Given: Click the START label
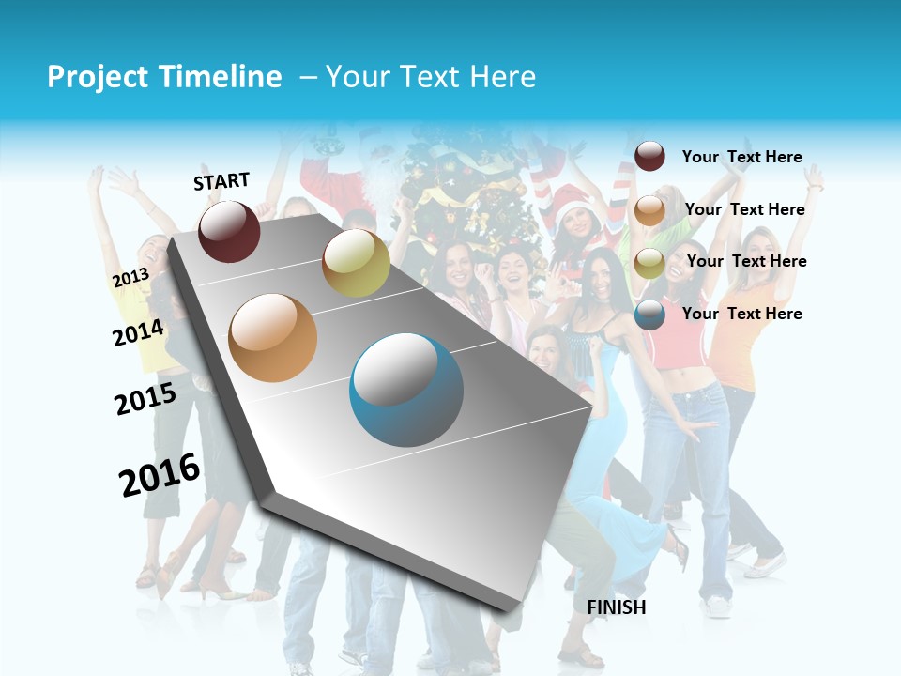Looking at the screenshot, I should tap(221, 181).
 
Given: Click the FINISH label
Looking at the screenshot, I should tap(617, 607).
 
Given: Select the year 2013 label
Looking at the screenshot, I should tap(130, 278).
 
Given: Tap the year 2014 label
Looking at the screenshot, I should tap(139, 332).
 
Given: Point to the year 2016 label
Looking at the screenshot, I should tap(160, 475).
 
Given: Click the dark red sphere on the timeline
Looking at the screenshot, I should tap(229, 231).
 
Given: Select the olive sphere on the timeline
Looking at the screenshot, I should tap(356, 263).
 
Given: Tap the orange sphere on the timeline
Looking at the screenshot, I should tap(273, 338).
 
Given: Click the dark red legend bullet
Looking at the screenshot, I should tap(649, 157).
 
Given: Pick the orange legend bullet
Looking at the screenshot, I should tap(649, 210).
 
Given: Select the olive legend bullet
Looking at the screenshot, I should tap(649, 263).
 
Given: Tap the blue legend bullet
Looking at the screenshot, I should tap(649, 315).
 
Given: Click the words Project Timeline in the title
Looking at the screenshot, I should tap(164, 77).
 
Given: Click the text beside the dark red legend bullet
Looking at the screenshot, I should tap(741, 157).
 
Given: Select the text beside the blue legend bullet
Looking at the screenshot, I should tap(741, 314).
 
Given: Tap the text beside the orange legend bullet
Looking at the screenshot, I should tap(744, 209).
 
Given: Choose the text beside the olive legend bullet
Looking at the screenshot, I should tap(746, 261).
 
